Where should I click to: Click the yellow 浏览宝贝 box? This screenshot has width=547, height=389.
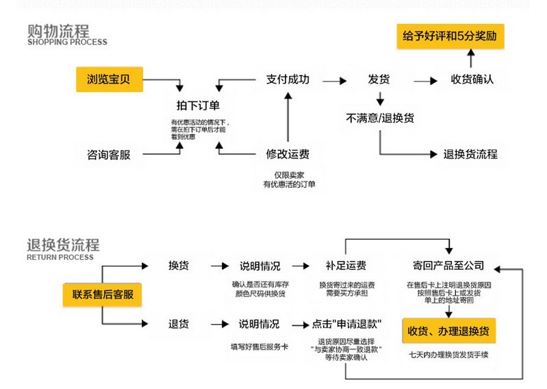click(108, 79)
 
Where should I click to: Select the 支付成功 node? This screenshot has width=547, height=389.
click(288, 79)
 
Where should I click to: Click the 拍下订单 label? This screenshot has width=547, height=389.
click(198, 105)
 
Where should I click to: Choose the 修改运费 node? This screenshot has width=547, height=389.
click(288, 154)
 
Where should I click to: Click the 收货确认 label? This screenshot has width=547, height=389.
click(472, 79)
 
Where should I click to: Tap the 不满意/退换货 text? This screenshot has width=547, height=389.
click(380, 118)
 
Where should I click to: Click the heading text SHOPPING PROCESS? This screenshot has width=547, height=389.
click(67, 42)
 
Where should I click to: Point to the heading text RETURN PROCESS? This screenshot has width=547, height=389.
click(60, 258)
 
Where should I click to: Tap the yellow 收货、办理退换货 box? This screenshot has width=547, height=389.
click(448, 331)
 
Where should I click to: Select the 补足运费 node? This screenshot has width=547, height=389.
click(346, 266)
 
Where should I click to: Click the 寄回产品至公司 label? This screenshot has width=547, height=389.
click(448, 266)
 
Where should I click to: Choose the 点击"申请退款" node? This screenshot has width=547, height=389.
click(346, 324)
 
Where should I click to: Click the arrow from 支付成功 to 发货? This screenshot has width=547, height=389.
click(333, 80)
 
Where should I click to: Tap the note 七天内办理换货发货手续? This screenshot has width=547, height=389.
click(448, 355)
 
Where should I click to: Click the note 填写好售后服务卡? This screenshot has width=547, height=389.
click(259, 347)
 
